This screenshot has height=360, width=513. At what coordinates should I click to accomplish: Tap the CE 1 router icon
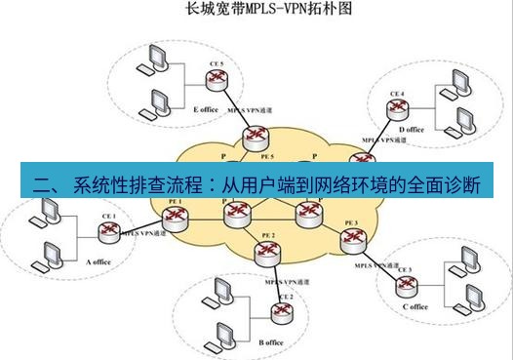point(107,231)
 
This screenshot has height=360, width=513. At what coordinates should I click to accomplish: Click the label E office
point(206,109)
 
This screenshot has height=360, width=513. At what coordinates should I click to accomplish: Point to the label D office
point(412,130)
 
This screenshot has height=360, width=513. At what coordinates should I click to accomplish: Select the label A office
point(101,261)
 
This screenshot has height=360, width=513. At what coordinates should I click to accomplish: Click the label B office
point(271,342)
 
